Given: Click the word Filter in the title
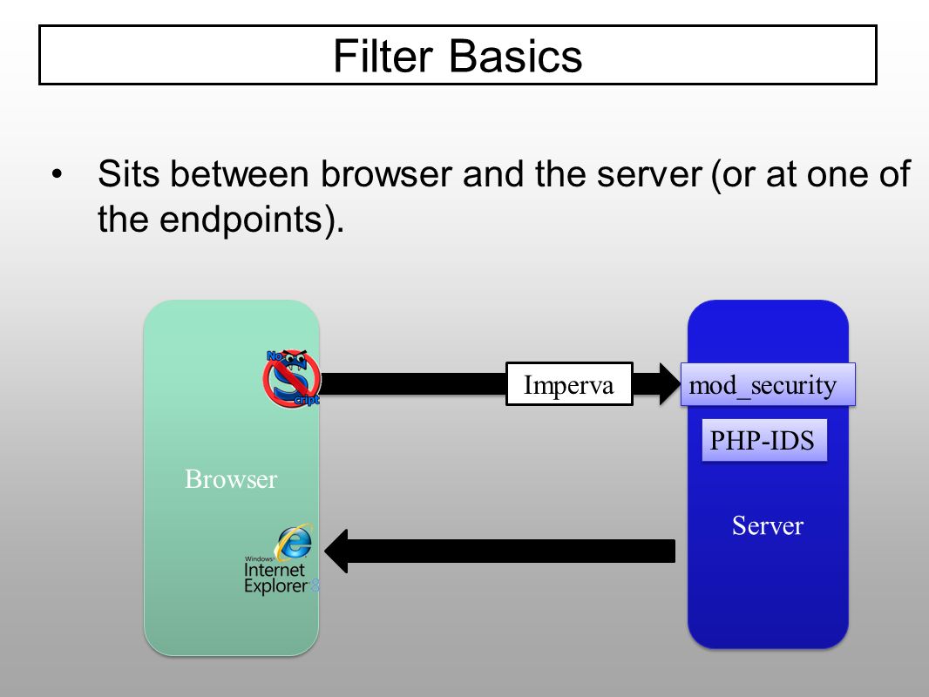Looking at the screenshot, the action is [383, 57].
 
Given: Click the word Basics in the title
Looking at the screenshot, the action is [515, 57].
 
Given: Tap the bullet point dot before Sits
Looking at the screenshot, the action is [57, 175].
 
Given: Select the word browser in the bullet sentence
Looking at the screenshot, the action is [386, 174].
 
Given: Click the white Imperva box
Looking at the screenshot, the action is [569, 383].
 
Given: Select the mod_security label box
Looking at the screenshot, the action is [768, 384].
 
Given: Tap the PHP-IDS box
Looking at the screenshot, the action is [764, 440].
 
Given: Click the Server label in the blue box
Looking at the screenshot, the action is [768, 526].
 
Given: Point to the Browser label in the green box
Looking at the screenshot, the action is [231, 479].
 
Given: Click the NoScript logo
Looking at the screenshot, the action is [291, 378].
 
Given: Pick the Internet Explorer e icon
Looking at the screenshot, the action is [294, 541].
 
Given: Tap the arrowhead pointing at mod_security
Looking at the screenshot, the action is [669, 384].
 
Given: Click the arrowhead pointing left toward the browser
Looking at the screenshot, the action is [336, 551].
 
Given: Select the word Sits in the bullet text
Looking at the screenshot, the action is [129, 174].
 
